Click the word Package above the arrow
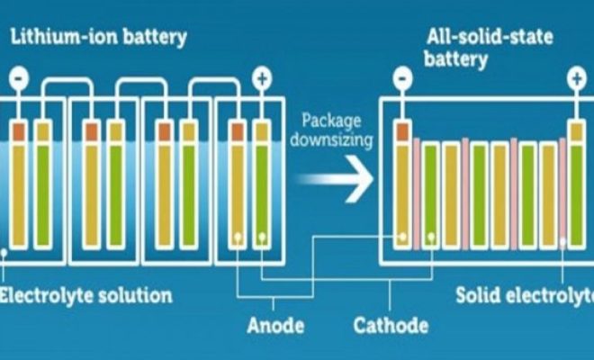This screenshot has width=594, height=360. [330, 120]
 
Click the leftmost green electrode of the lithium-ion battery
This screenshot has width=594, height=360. [42, 193]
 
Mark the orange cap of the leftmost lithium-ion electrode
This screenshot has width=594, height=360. [17, 131]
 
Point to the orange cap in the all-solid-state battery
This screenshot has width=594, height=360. [402, 131]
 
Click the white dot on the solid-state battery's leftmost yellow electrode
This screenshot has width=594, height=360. [402, 239]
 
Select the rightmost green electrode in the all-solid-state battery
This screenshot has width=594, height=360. [575, 193]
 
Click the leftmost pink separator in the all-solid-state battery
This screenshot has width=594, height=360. [417, 193]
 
